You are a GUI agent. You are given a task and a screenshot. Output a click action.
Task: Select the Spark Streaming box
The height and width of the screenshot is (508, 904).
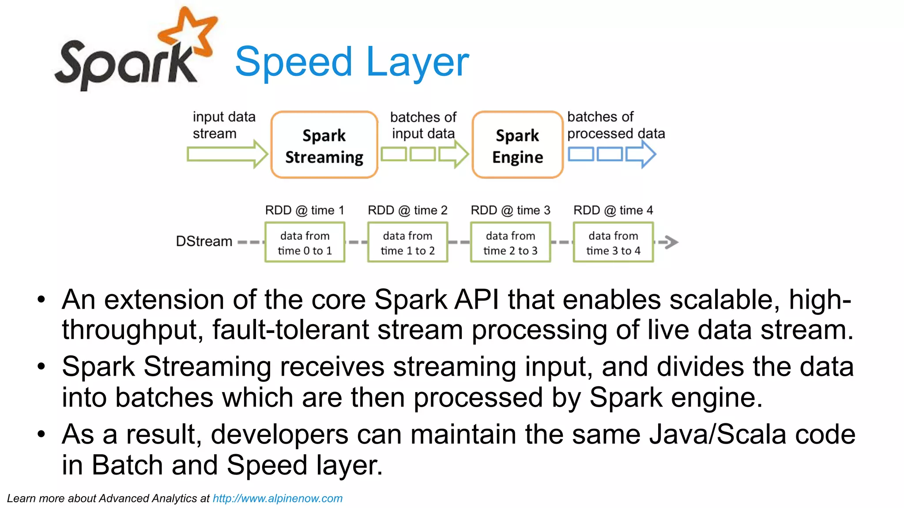tap(324, 145)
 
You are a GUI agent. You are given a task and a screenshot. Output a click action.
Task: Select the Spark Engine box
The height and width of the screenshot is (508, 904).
tap(517, 145)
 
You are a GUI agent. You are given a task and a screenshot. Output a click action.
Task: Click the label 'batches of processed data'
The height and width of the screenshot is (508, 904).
tap(615, 125)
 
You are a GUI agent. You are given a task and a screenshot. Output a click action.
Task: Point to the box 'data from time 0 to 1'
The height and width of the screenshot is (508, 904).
tap(305, 243)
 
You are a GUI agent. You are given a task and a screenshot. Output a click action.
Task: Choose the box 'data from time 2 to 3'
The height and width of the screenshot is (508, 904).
tap(510, 243)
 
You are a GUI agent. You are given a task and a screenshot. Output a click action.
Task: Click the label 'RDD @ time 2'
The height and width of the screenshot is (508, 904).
tap(407, 210)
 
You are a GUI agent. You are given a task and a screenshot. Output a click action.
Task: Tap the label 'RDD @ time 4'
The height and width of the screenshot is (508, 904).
tap(613, 210)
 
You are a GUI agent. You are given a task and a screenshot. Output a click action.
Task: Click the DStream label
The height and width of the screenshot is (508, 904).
tap(204, 242)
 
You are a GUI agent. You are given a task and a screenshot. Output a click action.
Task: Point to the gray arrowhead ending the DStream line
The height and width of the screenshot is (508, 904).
tap(671, 242)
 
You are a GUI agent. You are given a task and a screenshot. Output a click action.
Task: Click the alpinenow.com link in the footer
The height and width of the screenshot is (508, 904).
tap(277, 499)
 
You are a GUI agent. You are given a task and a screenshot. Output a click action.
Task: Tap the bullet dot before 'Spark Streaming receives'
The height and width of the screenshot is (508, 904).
tap(41, 366)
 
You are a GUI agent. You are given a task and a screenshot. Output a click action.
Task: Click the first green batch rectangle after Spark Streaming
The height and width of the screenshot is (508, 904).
tap(394, 154)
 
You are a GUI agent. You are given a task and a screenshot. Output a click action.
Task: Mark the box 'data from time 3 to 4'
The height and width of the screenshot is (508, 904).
tap(613, 243)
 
